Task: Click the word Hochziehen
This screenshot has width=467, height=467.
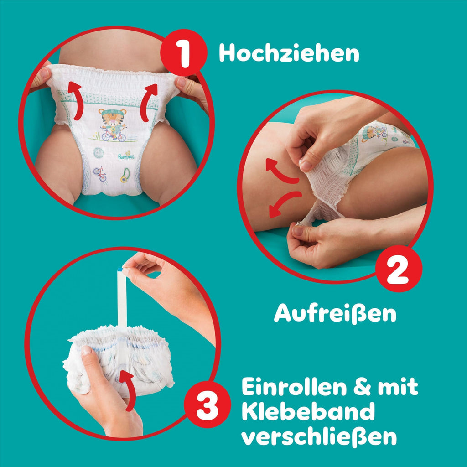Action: [289, 54]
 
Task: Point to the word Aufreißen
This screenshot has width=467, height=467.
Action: [335, 313]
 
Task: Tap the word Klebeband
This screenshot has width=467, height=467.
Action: [308, 412]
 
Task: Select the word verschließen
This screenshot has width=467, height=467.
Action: [319, 437]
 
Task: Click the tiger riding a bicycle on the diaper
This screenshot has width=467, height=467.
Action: [112, 125]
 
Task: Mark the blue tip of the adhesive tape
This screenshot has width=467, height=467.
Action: [120, 270]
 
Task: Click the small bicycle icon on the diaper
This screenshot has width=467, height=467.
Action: [99, 173]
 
